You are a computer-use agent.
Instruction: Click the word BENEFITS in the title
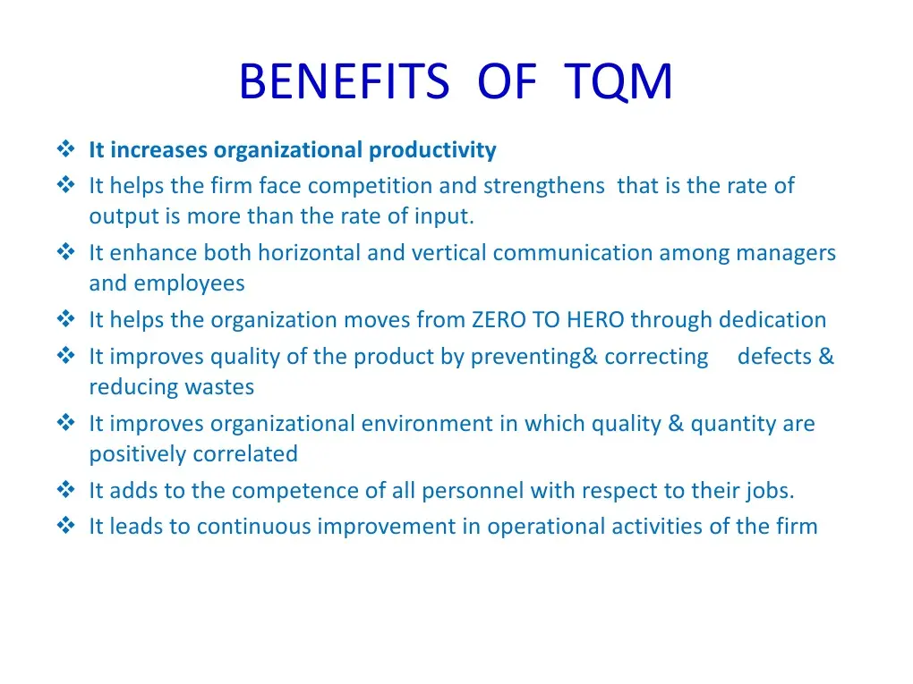(344, 80)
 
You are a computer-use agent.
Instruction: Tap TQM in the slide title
(618, 82)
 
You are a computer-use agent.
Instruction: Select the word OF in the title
(507, 80)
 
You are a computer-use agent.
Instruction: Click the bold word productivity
(432, 150)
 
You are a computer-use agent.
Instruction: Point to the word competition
(371, 187)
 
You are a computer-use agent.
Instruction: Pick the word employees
(189, 284)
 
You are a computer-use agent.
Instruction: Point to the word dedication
(772, 320)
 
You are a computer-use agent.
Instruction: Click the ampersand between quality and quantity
(676, 424)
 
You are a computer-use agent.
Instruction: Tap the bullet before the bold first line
(66, 149)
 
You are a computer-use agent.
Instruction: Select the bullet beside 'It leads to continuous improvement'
(66, 525)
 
